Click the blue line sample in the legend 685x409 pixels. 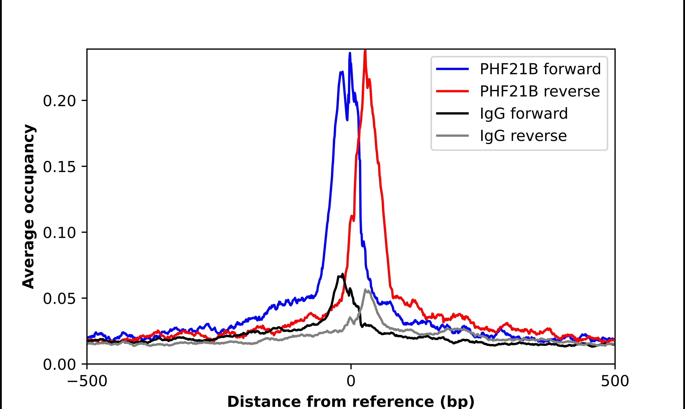452,69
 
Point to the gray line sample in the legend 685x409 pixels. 452,136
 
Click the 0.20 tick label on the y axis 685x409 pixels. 59,101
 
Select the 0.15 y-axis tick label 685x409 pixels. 59,167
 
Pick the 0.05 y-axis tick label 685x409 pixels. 59,299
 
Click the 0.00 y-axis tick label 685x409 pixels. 59,365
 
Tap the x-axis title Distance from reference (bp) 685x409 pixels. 351,401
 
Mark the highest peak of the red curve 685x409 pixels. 365,50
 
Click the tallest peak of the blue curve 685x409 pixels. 350,53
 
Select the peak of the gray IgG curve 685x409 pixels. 365,290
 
